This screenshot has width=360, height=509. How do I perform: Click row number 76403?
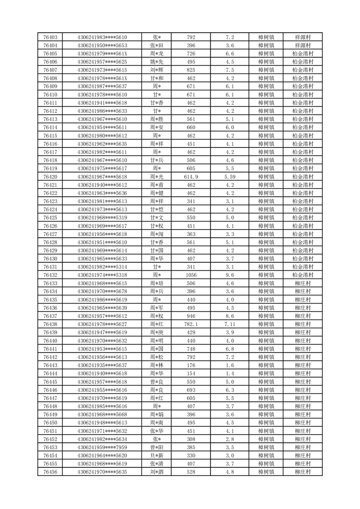(50, 37)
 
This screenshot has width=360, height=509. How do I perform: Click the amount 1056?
(191, 275)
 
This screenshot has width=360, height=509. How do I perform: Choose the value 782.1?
(191, 324)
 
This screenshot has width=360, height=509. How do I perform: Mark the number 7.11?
(229, 324)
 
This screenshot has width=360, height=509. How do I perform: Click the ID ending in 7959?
(102, 447)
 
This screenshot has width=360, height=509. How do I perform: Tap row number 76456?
(50, 472)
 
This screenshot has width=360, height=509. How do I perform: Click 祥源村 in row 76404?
(302, 45)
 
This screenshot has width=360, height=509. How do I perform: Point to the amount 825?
(191, 70)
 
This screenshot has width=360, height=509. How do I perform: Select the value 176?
(191, 365)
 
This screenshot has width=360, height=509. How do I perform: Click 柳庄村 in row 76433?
(302, 283)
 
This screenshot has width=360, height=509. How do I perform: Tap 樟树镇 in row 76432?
(266, 275)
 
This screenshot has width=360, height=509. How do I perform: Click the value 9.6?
(229, 275)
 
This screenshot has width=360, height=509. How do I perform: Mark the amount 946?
(191, 316)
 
